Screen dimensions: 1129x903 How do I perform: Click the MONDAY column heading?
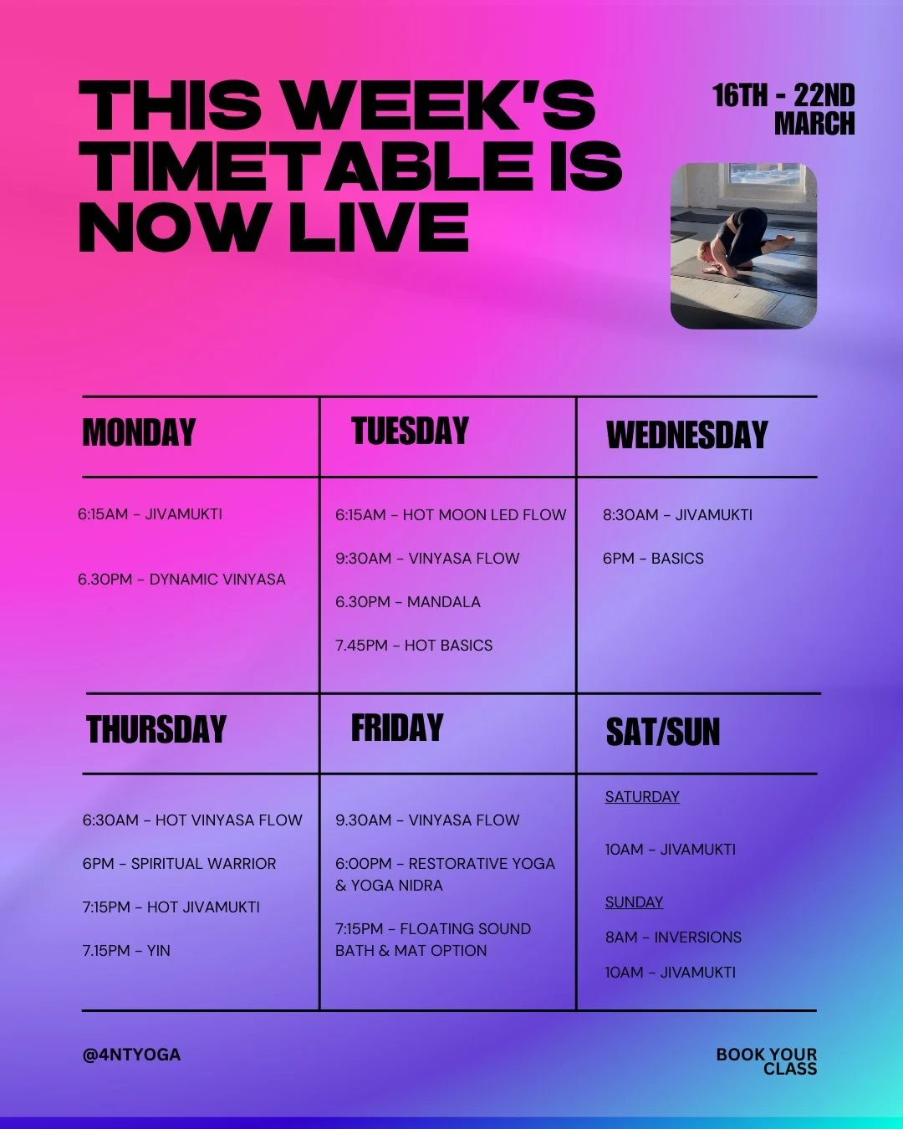pyautogui.click(x=139, y=433)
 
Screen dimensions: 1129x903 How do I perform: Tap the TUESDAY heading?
pyautogui.click(x=410, y=432)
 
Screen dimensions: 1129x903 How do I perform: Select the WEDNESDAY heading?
pyautogui.click(x=686, y=435)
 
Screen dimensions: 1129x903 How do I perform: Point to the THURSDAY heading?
pyautogui.click(x=156, y=729)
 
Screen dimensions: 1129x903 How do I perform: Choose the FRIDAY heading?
pyautogui.click(x=397, y=728)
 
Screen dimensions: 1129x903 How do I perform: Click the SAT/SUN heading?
pyautogui.click(x=662, y=733)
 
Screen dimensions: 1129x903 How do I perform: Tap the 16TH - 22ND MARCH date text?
pyautogui.click(x=783, y=110)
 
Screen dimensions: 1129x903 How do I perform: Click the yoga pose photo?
pyautogui.click(x=743, y=245)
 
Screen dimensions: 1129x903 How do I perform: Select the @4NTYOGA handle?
pyautogui.click(x=131, y=1055)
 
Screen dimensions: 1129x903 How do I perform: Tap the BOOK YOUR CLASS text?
pyautogui.click(x=767, y=1061)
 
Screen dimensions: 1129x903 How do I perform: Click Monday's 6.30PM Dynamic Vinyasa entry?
pyautogui.click(x=181, y=580)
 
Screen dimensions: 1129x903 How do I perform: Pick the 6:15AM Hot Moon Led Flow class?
pyautogui.click(x=451, y=515)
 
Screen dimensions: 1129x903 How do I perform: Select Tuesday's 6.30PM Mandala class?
pyautogui.click(x=408, y=602)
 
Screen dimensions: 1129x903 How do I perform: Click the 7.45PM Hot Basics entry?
pyautogui.click(x=414, y=646)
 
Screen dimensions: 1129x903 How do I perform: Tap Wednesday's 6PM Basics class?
pyautogui.click(x=653, y=559)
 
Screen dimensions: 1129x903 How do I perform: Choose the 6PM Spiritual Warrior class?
pyautogui.click(x=179, y=864)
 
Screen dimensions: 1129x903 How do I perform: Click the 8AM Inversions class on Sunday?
pyautogui.click(x=673, y=937)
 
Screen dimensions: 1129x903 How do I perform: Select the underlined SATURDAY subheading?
pyautogui.click(x=642, y=797)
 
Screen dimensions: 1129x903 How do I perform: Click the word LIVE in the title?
pyautogui.click(x=379, y=227)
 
